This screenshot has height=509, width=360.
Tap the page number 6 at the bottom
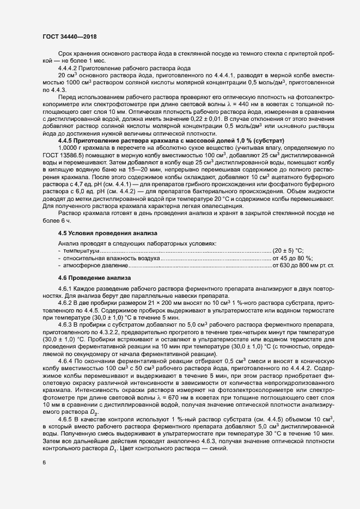click(44, 463)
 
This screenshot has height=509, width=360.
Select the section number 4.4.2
click(66, 68)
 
